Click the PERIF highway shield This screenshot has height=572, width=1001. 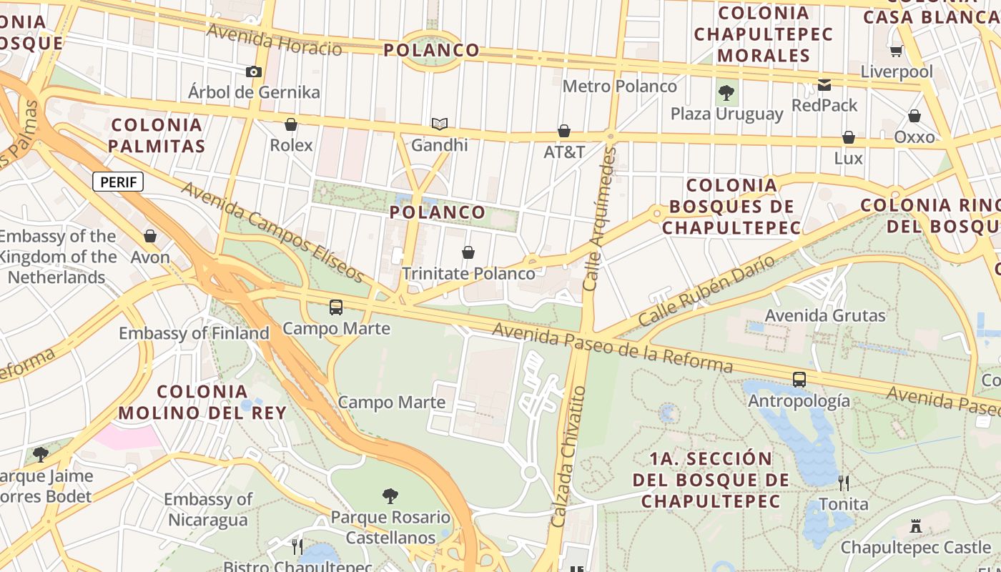pyautogui.click(x=118, y=182)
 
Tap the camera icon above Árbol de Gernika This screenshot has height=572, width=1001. pyautogui.click(x=253, y=71)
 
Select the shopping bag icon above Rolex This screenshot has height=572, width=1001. pyautogui.click(x=291, y=124)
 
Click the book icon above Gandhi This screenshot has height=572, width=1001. pyautogui.click(x=439, y=124)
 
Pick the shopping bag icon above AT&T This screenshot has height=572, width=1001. pyautogui.click(x=564, y=131)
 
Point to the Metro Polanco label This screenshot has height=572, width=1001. pyautogui.click(x=619, y=87)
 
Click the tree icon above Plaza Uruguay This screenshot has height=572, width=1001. pyautogui.click(x=726, y=92)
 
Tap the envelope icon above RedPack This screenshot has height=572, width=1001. pyautogui.click(x=824, y=84)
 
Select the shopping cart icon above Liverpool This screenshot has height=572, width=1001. pyautogui.click(x=896, y=51)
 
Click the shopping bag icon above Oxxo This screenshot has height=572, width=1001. pyautogui.click(x=914, y=116)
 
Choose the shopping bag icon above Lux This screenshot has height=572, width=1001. pyautogui.click(x=848, y=137)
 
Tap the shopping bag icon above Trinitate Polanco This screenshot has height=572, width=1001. pyautogui.click(x=468, y=252)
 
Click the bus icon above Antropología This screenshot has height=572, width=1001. pyautogui.click(x=799, y=380)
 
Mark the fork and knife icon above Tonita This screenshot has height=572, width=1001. pyautogui.click(x=844, y=483)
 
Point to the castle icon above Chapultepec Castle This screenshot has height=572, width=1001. pyautogui.click(x=915, y=527)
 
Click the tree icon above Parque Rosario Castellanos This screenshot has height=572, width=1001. pyautogui.click(x=390, y=495)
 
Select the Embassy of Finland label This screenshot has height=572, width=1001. pyautogui.click(x=194, y=333)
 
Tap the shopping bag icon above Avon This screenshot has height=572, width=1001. pyautogui.click(x=150, y=236)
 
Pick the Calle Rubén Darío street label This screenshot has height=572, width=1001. pyautogui.click(x=706, y=292)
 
